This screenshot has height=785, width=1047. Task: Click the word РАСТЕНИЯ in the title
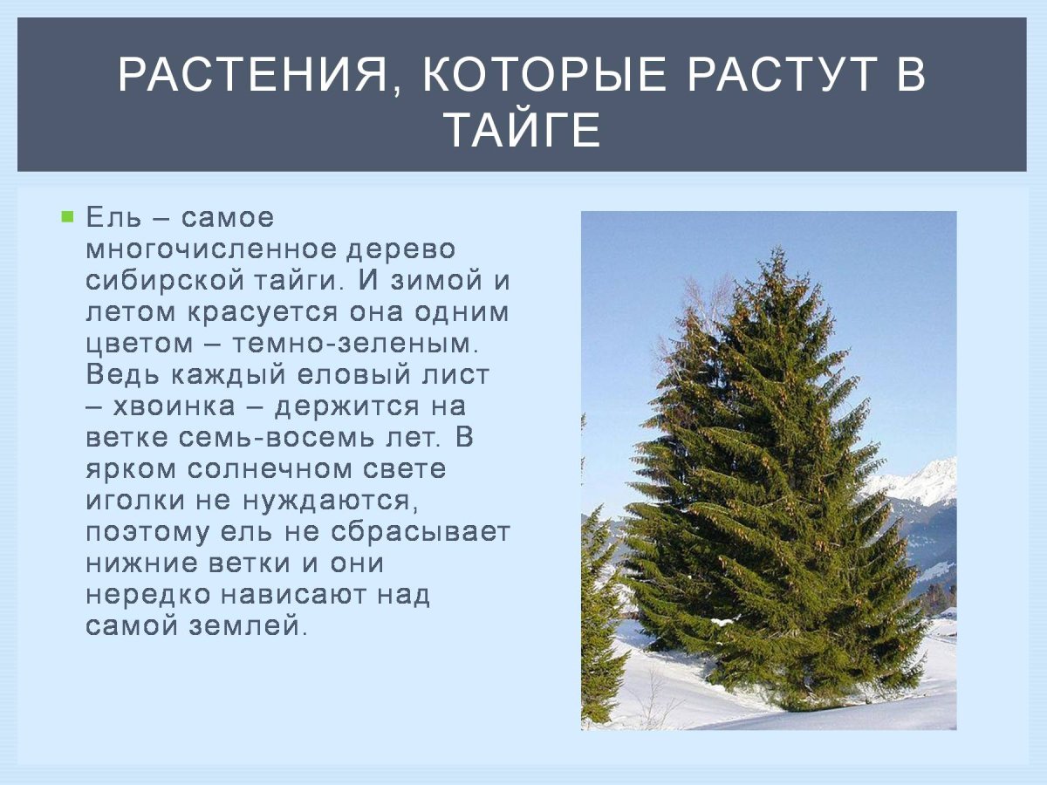[253, 76]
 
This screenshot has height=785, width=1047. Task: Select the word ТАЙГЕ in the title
[523, 131]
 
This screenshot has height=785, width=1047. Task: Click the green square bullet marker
[67, 216]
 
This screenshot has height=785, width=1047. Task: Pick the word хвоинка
[187, 406]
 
